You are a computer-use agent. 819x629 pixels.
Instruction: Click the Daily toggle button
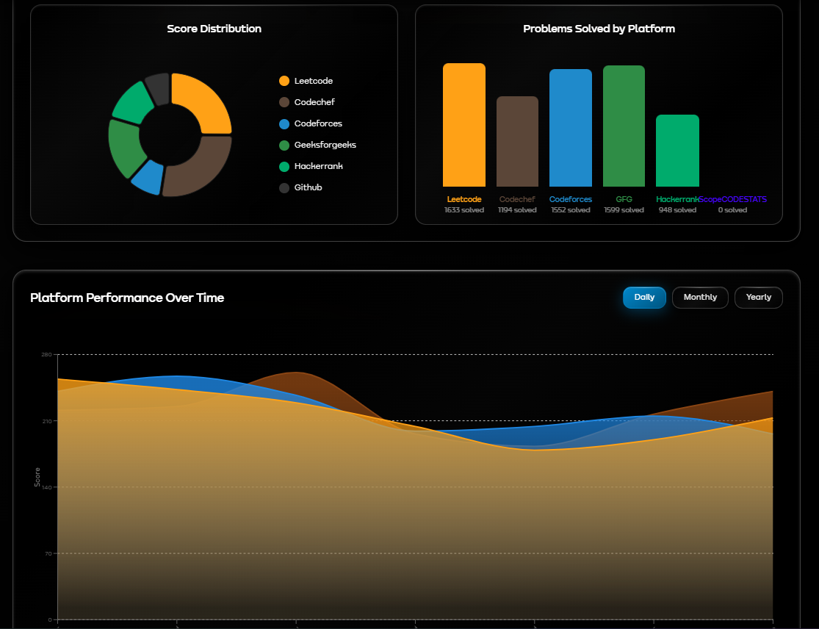click(644, 298)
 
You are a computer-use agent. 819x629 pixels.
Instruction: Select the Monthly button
click(700, 298)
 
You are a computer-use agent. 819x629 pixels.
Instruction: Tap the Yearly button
click(758, 298)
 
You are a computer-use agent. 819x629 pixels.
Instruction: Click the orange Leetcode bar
click(463, 125)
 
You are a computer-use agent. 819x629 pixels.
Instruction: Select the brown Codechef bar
click(517, 141)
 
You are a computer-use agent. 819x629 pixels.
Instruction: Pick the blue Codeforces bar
click(571, 128)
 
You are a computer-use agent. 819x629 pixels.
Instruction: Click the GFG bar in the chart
click(624, 126)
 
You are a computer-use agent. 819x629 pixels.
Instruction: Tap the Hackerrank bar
click(677, 151)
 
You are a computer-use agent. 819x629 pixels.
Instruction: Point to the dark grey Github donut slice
click(157, 87)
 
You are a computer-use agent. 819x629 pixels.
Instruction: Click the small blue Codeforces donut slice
click(148, 176)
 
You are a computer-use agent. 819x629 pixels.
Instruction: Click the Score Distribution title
click(214, 29)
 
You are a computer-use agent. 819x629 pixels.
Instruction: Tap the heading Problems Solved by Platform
click(599, 29)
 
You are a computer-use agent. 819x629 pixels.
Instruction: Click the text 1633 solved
click(463, 210)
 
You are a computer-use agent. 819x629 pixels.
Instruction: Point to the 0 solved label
click(732, 210)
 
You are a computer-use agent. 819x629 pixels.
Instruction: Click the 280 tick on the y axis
click(46, 355)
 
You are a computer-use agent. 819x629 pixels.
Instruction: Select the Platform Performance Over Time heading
click(127, 298)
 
